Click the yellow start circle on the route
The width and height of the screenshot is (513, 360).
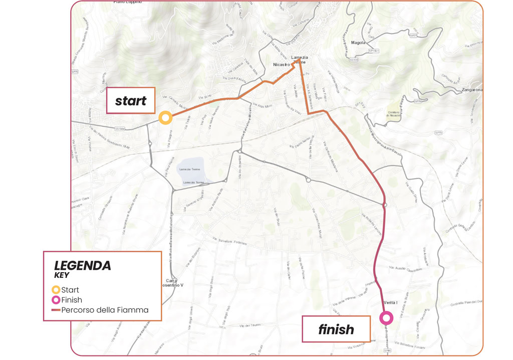tap(166, 118)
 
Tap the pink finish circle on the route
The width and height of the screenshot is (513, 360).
tap(386, 318)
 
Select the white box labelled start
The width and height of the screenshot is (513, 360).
tap(131, 101)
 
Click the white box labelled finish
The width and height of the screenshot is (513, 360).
tap(336, 329)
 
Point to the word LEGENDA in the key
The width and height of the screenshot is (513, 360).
tap(83, 265)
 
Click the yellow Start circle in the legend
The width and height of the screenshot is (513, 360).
tap(56, 290)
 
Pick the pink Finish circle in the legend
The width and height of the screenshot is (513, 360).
tap(56, 300)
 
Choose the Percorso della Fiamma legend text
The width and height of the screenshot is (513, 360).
tap(105, 310)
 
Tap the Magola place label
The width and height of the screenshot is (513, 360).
tap(359, 43)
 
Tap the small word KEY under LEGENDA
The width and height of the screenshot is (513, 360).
tap(63, 275)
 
